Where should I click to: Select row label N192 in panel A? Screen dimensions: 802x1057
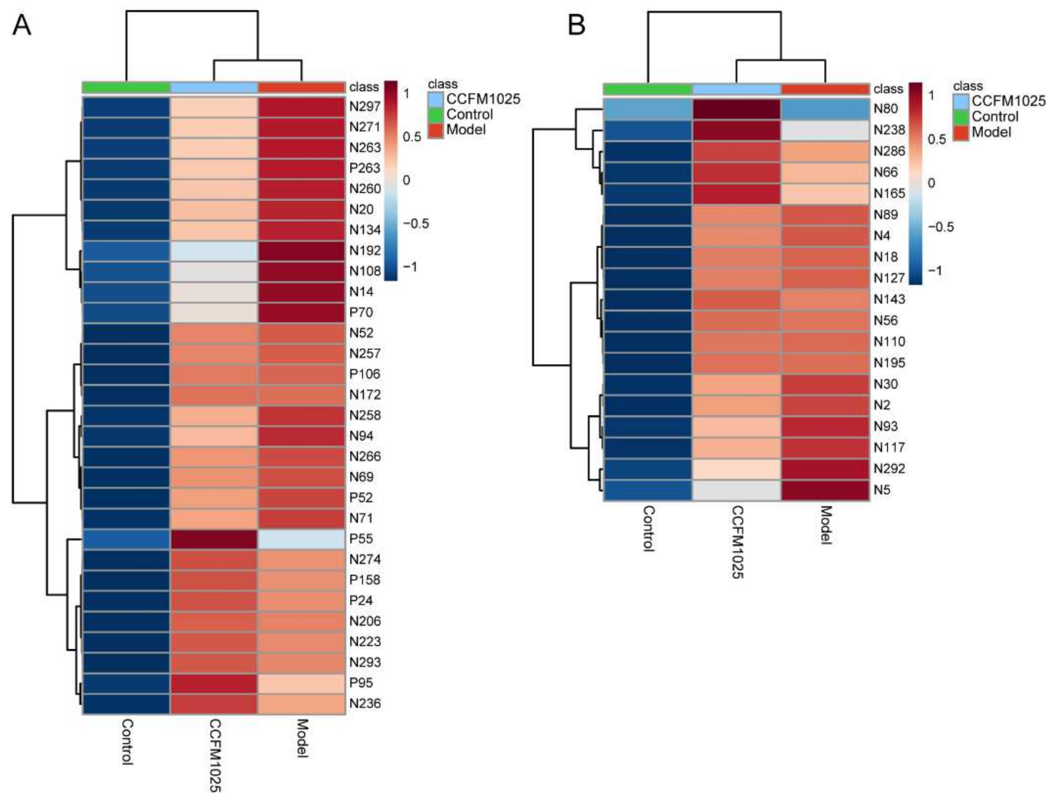tap(365, 250)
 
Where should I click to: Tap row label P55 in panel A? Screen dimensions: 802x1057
tap(361, 539)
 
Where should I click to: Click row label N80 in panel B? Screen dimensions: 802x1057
tap(886, 109)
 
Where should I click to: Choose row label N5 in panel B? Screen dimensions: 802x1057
tap(882, 490)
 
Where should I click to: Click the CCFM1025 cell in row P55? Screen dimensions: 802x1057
tap(214, 539)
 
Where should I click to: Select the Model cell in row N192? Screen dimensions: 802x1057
tap(302, 250)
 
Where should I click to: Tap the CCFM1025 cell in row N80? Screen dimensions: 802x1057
tap(736, 109)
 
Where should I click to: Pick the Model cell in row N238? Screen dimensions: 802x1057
tap(825, 130)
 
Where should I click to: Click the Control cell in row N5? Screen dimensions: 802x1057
tap(648, 490)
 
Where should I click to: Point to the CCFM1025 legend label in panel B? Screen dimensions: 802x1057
tap(1009, 101)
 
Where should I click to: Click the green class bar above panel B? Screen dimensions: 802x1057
tap(648, 89)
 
